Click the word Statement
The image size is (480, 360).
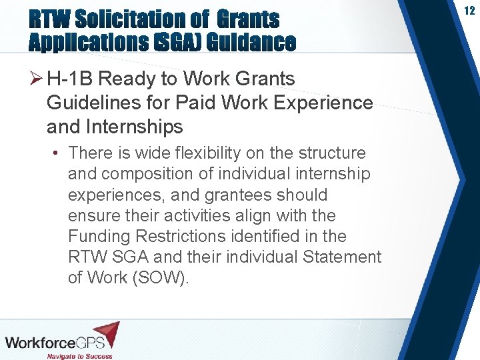click(x=342, y=257)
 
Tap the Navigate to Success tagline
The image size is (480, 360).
click(x=79, y=355)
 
